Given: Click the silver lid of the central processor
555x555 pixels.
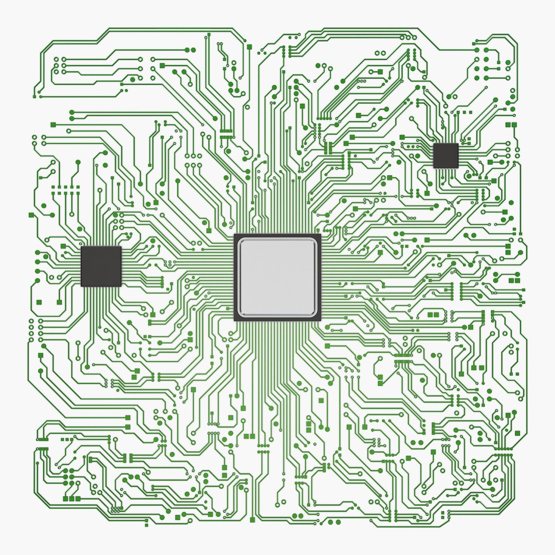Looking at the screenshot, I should [x=277, y=277].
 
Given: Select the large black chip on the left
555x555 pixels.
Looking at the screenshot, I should [x=101, y=266].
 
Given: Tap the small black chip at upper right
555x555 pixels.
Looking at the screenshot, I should [x=446, y=156].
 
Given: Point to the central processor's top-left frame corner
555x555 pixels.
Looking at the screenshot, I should [x=235, y=235].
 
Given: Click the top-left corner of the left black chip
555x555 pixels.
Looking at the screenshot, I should [x=82, y=247].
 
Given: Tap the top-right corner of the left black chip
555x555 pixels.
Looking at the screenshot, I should [x=121, y=247].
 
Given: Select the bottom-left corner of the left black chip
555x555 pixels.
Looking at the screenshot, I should [x=82, y=286].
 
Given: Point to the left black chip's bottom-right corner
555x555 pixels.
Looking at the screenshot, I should [x=121, y=286].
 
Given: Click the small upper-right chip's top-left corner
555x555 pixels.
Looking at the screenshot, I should [x=434, y=144].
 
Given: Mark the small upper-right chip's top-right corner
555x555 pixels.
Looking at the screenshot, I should [x=457, y=144].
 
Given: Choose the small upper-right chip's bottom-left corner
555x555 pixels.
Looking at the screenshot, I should [x=434, y=168].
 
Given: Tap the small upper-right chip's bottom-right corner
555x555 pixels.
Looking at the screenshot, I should [x=457, y=168].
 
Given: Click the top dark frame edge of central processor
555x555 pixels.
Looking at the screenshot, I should [x=277, y=236].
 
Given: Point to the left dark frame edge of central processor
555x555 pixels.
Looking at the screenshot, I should [x=236, y=277].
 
